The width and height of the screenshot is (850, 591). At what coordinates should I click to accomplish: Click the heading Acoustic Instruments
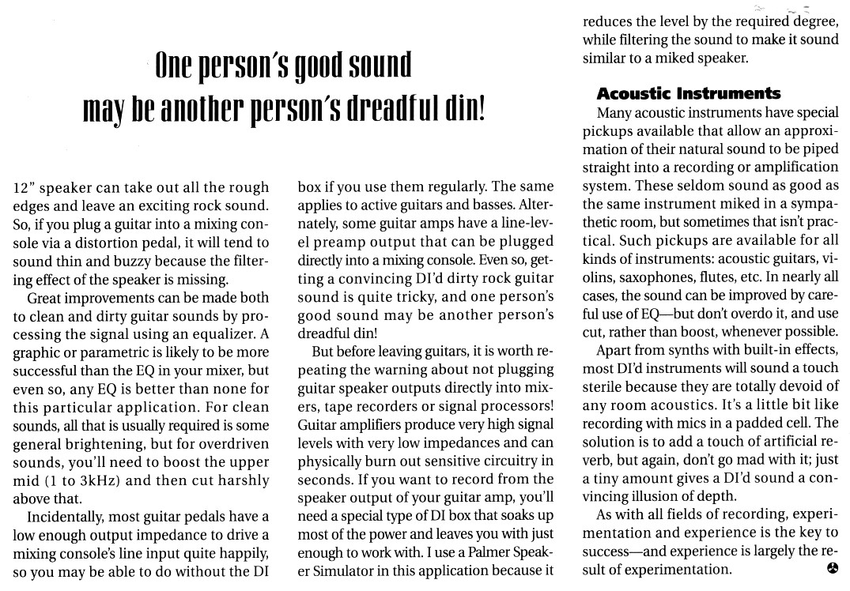688,93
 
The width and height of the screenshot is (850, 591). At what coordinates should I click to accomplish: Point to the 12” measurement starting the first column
25,188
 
